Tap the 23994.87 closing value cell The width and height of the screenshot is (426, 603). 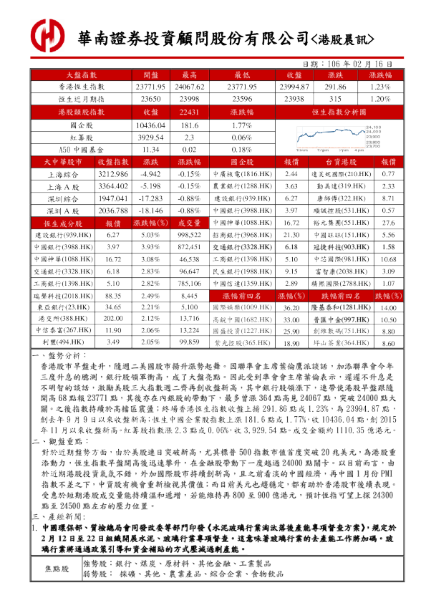292,86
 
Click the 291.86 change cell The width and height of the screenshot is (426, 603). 335,86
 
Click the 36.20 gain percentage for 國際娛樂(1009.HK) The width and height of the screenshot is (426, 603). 291,307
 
